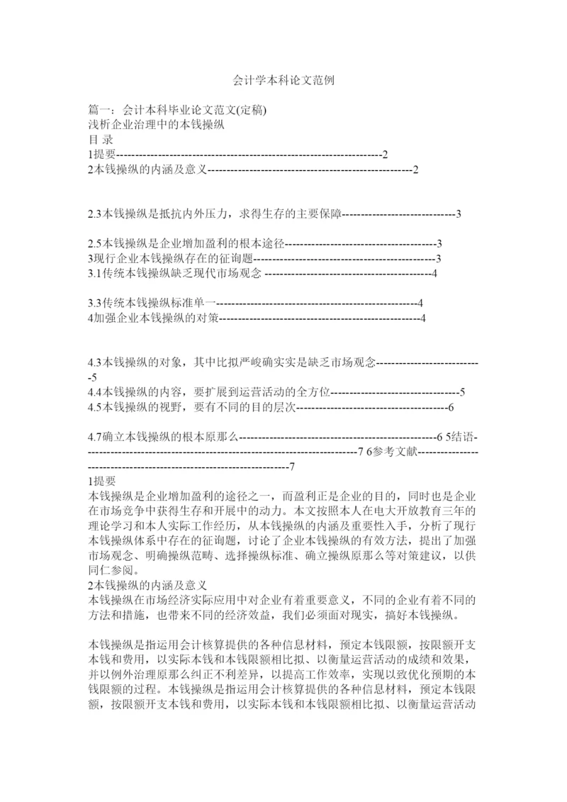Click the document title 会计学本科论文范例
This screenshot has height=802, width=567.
click(283, 82)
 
